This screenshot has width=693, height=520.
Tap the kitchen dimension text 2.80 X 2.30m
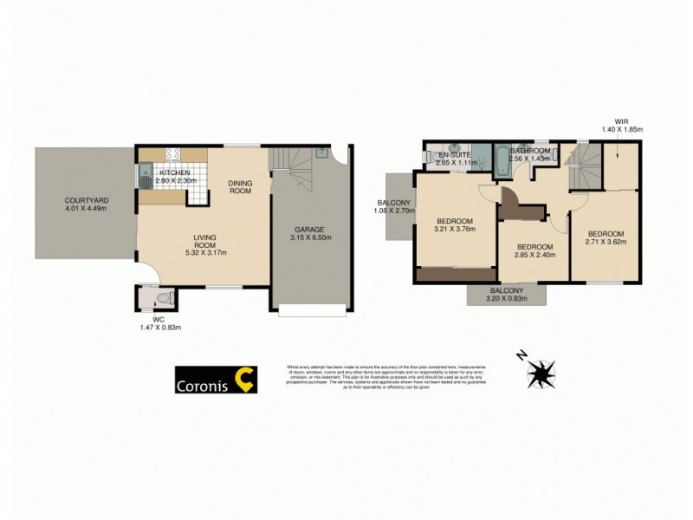(x=176, y=180)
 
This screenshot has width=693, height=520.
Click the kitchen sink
(x=144, y=179)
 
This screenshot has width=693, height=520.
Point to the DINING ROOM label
(x=240, y=186)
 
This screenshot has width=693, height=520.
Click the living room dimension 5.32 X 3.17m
(x=204, y=253)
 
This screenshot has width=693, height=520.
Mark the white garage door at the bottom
(x=314, y=309)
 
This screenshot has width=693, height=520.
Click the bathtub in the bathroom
(x=503, y=161)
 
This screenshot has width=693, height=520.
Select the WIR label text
(x=620, y=122)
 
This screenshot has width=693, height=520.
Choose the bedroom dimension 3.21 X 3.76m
(x=455, y=230)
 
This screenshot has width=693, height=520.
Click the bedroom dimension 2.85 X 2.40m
(x=534, y=257)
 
